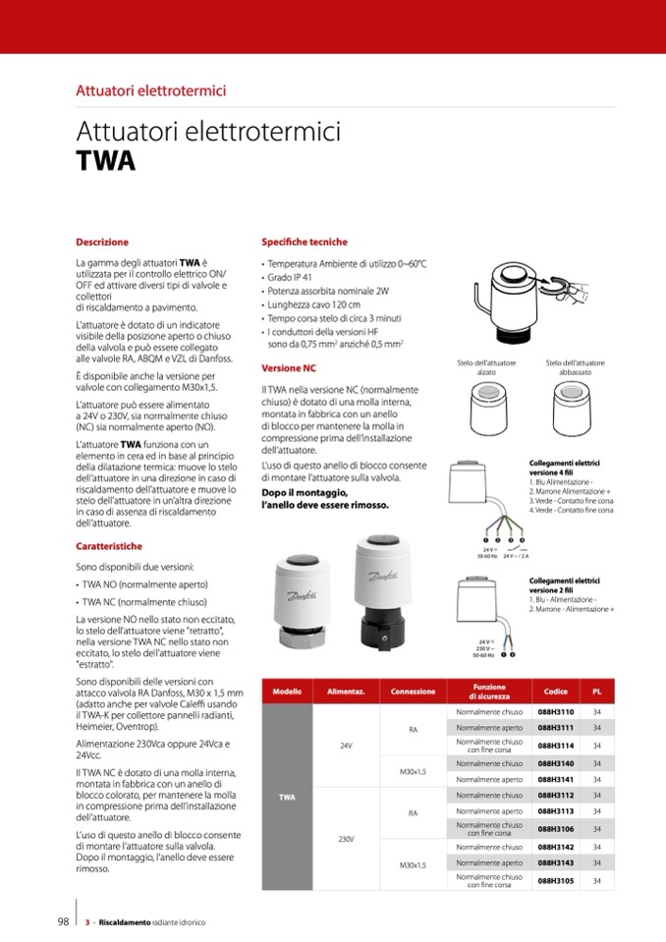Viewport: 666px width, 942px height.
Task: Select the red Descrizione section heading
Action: [x=102, y=242]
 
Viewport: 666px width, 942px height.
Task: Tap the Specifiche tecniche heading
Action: [x=304, y=242]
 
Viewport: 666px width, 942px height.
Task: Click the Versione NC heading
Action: [x=289, y=368]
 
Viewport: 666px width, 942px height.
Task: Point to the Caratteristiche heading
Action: [x=109, y=546]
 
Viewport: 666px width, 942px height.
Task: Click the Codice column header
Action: [x=555, y=692]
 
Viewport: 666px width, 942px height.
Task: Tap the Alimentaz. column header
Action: [x=346, y=692]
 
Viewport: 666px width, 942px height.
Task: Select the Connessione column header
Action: [x=413, y=692]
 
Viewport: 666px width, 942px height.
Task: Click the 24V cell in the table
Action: [x=346, y=746]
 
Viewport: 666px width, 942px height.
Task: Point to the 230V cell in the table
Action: [x=346, y=839]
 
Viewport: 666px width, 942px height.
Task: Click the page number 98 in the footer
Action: [x=62, y=922]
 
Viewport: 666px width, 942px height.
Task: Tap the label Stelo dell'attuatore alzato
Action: [x=486, y=368]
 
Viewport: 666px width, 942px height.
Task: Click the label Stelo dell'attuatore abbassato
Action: [x=575, y=368]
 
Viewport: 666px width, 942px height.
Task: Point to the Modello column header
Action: [x=287, y=692]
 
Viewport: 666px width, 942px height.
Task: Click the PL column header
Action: [x=597, y=692]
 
